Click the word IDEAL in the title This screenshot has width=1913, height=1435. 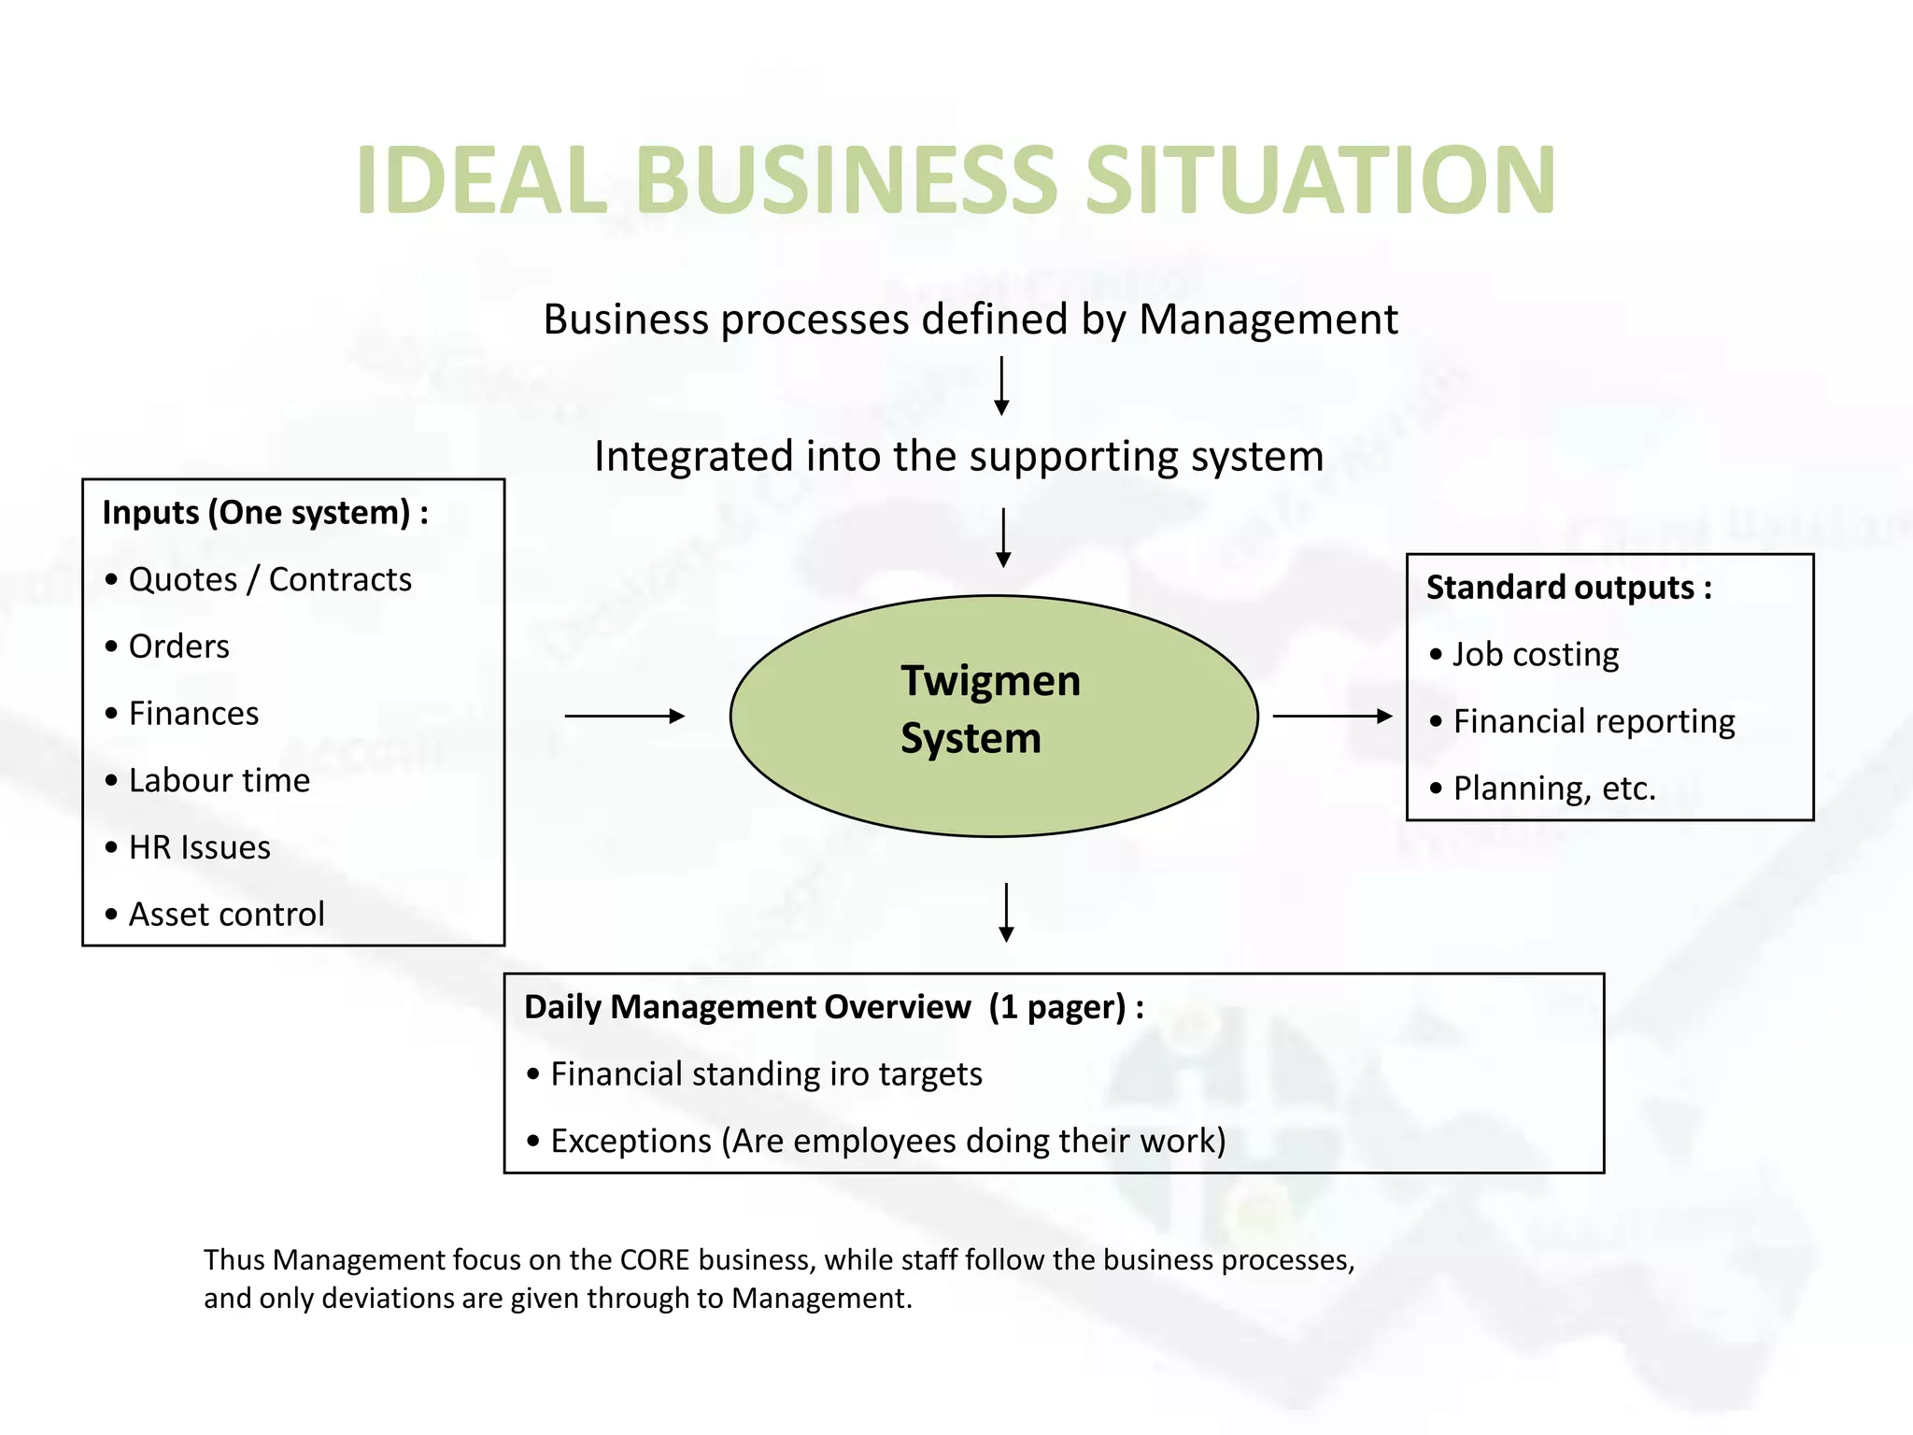pyautogui.click(x=482, y=180)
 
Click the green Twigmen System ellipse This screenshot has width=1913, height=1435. pyautogui.click(x=994, y=717)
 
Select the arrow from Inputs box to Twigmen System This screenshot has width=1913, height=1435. pyautogui.click(x=624, y=717)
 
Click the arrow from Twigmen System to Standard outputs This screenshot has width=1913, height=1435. pyautogui.click(x=1332, y=717)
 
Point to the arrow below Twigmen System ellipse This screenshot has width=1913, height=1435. pyautogui.click(x=1006, y=912)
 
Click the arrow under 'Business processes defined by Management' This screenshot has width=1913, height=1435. pyautogui.click(x=1001, y=385)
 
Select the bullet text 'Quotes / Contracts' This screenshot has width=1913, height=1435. pyautogui.click(x=270, y=580)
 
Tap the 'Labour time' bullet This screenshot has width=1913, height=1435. pyautogui.click(x=219, y=781)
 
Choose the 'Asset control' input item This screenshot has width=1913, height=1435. pyautogui.click(x=226, y=915)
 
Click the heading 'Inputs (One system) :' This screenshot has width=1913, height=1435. pyautogui.click(x=265, y=513)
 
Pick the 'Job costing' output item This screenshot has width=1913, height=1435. pyautogui.click(x=1536, y=655)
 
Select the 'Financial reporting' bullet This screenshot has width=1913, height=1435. pyautogui.click(x=1594, y=722)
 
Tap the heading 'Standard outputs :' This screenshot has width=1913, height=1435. pyautogui.click(x=1568, y=588)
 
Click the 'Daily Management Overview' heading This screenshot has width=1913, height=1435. pyautogui.click(x=747, y=1007)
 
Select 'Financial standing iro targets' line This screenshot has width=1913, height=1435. pyautogui.click(x=766, y=1074)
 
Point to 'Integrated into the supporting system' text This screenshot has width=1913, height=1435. pyautogui.click(x=958, y=457)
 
